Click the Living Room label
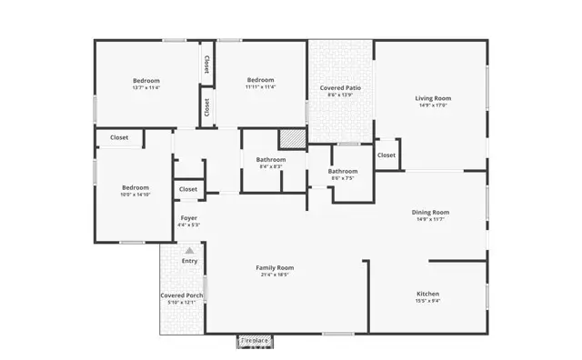click(x=433, y=98)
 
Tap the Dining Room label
click(x=433, y=212)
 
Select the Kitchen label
click(x=428, y=294)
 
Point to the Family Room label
click(x=274, y=267)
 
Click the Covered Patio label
click(x=340, y=87)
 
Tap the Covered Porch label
click(x=181, y=295)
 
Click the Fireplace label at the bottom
click(x=255, y=341)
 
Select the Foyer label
click(x=188, y=217)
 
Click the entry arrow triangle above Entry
click(x=189, y=250)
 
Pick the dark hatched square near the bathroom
click(x=291, y=139)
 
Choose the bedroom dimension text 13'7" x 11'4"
click(x=145, y=88)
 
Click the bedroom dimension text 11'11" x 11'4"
click(x=260, y=88)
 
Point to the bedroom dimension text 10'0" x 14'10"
click(x=135, y=195)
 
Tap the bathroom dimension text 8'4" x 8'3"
click(x=271, y=167)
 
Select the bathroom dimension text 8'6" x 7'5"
click(x=343, y=178)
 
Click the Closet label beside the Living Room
click(x=386, y=155)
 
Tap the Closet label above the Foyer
click(x=188, y=189)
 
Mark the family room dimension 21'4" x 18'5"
click(x=274, y=275)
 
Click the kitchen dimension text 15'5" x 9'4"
click(x=428, y=301)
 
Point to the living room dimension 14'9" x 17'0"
click(x=433, y=105)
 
